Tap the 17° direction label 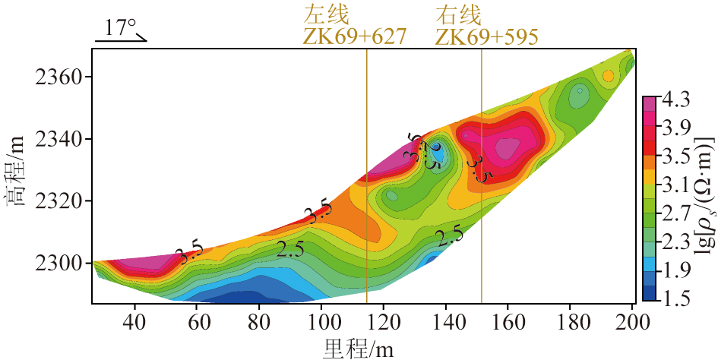[x=120, y=28]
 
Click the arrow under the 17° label [x=122, y=40]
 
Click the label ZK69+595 [x=486, y=36]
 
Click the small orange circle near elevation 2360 [x=608, y=75]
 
